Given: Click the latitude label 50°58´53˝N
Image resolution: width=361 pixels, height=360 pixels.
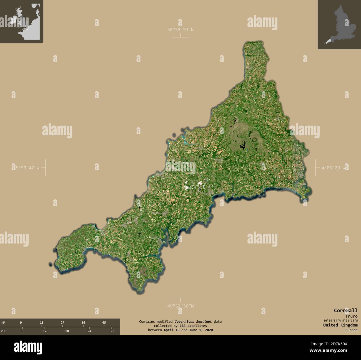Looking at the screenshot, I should coord(180,29).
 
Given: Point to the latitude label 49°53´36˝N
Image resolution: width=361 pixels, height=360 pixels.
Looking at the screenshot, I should coord(180,306).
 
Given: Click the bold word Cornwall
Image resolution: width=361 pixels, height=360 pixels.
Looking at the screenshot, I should coord(345,310).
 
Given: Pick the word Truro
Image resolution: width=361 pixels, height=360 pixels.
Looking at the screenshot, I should coord(351,316).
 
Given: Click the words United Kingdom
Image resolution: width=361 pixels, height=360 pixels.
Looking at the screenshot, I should coord(340,325).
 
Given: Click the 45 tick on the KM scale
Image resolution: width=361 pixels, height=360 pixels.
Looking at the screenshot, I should coord(104,323).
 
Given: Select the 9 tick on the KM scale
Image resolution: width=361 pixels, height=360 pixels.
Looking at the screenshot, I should coord(21,323).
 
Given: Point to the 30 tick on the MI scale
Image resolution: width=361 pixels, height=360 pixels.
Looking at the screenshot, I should coord(112,331).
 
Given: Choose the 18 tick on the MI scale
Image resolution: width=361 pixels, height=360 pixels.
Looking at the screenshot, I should coord(67,331).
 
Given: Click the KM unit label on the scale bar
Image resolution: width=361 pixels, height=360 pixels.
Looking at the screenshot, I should coord(3,323).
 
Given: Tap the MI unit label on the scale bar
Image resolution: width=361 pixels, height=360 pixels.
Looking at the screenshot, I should coord(3,331).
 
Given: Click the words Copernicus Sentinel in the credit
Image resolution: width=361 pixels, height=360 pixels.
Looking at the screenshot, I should coord(193,321).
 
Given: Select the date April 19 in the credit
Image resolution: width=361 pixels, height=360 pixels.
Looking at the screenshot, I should coord(171,330).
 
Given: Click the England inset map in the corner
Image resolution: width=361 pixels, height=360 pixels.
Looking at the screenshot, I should coord(339,24).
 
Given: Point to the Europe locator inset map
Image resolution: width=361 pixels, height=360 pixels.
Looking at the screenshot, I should coord(21,21).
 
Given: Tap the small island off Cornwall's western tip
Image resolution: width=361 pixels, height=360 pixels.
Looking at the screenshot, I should coord(51,265).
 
